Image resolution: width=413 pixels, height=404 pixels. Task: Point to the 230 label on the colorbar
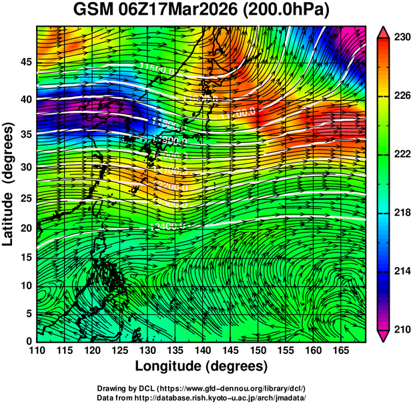click(402, 38)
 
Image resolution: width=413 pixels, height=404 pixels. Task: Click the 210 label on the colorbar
click(402, 329)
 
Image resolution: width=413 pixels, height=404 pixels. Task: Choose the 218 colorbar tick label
click(402, 213)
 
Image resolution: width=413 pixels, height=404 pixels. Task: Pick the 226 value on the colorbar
click(402, 96)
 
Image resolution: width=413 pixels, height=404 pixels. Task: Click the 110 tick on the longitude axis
click(37, 350)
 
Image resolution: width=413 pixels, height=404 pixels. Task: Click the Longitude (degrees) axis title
click(201, 366)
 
